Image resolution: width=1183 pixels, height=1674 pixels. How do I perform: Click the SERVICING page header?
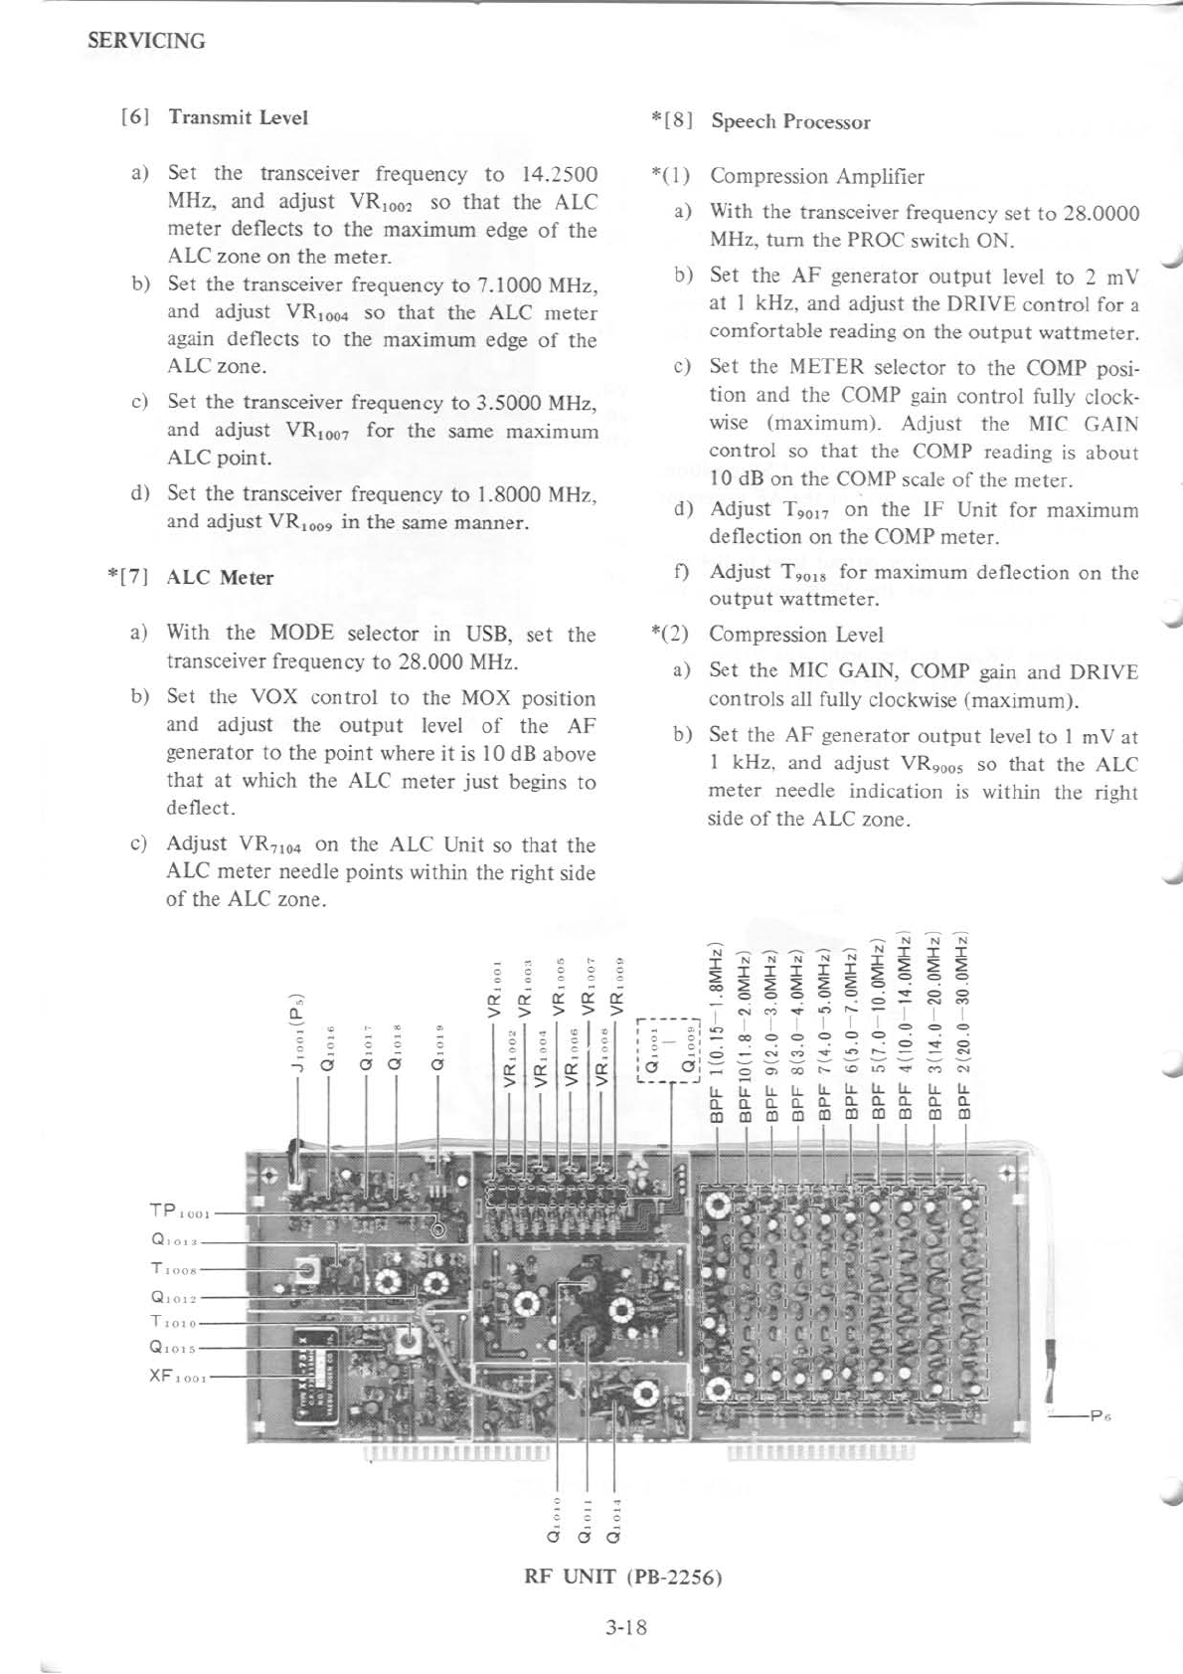tap(146, 41)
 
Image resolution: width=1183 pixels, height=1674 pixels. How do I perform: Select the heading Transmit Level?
tap(238, 117)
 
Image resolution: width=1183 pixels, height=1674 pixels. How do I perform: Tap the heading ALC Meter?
tap(220, 578)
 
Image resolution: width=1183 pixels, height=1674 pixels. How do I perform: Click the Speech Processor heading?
tap(790, 122)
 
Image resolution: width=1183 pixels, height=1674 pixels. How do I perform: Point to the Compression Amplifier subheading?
tap(816, 177)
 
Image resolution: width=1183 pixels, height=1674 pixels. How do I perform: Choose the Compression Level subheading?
tap(795, 635)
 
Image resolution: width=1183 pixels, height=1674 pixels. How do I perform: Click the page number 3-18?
tap(625, 1627)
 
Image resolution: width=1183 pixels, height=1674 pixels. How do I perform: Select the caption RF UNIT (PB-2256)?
tap(622, 1578)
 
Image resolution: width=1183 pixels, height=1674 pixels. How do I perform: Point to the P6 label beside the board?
tap(1099, 1414)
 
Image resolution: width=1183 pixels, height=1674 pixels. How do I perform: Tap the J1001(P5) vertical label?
tap(295, 1034)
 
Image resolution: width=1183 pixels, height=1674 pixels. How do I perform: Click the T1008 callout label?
tap(176, 1268)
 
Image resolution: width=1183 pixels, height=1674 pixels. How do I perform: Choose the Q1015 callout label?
tap(176, 1350)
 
